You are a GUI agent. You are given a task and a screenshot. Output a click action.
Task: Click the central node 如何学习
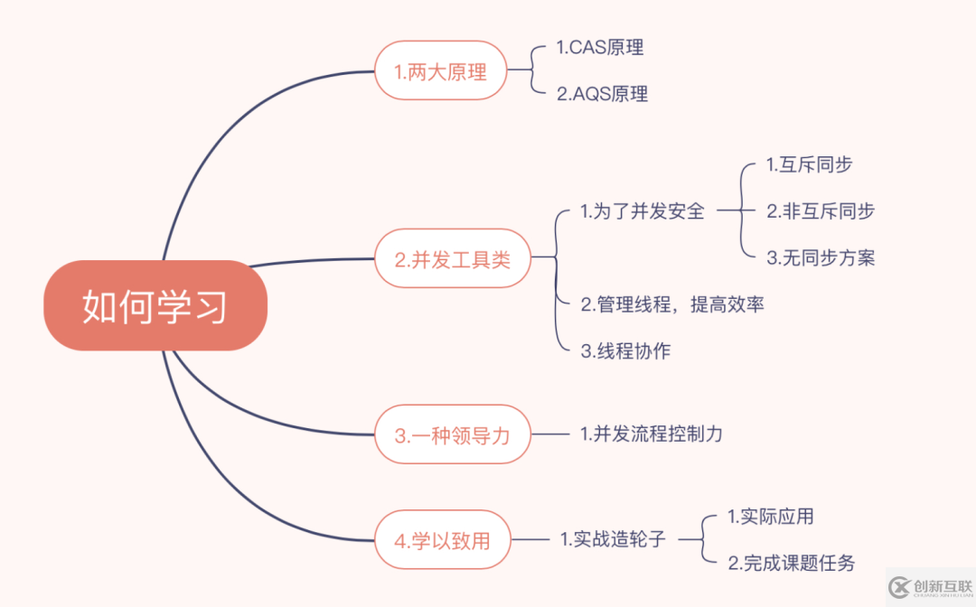pyautogui.click(x=155, y=305)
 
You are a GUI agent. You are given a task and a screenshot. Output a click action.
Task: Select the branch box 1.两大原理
pyautogui.click(x=440, y=70)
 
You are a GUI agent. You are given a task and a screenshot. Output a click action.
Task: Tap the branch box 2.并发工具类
pyautogui.click(x=452, y=259)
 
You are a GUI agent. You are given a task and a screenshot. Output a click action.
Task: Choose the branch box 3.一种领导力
pyautogui.click(x=452, y=434)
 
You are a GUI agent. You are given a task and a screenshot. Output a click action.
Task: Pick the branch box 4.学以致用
pyautogui.click(x=443, y=540)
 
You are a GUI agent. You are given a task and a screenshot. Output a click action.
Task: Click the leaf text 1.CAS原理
pyautogui.click(x=600, y=48)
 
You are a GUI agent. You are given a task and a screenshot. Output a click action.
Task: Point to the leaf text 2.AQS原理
pyautogui.click(x=602, y=94)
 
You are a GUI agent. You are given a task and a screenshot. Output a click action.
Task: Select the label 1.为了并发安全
pyautogui.click(x=642, y=211)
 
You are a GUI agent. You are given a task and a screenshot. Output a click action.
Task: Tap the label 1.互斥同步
pyautogui.click(x=809, y=164)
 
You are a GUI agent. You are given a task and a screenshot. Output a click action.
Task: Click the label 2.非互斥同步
pyautogui.click(x=821, y=211)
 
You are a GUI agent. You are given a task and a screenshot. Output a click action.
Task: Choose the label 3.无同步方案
pyautogui.click(x=821, y=257)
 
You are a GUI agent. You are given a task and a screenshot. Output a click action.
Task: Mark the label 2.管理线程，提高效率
pyautogui.click(x=671, y=304)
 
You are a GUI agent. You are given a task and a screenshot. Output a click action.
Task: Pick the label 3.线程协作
pyautogui.click(x=625, y=351)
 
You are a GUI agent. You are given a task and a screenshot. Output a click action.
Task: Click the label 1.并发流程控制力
pyautogui.click(x=651, y=434)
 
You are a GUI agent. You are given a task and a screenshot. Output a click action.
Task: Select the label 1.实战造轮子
pyautogui.click(x=613, y=540)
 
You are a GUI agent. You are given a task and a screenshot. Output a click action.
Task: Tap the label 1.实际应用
pyautogui.click(x=770, y=517)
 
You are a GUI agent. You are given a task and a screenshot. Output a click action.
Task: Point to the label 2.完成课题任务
pyautogui.click(x=791, y=564)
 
